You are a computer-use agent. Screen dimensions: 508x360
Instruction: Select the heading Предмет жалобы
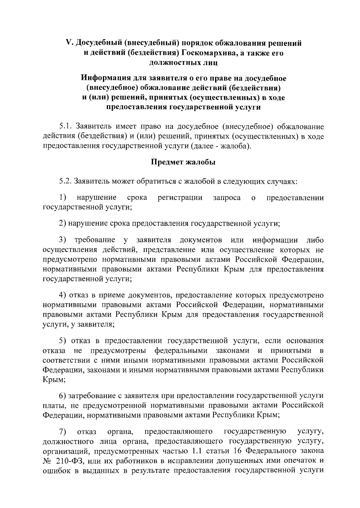[183, 162]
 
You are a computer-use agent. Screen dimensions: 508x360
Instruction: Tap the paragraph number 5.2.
[66, 182]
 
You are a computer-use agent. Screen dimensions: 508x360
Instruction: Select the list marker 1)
[62, 198]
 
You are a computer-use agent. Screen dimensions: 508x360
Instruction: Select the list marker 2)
[62, 224]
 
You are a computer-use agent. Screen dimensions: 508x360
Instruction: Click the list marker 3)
[62, 240]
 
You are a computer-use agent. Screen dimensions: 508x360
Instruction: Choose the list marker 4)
[62, 295]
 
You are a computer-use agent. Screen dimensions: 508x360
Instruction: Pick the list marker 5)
[62, 341]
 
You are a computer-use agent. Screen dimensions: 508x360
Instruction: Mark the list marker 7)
[62, 432]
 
